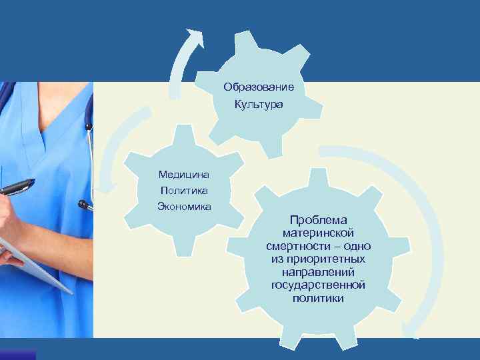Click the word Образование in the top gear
pos(259,87)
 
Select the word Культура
pos(259,105)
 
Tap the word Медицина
pos(184,175)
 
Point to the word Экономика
pos(184,206)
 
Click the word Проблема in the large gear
pos(318,220)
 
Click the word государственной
pos(318,285)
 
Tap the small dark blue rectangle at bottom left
pos(18,355)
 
